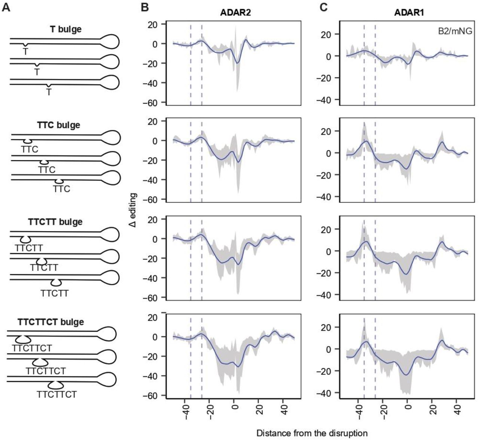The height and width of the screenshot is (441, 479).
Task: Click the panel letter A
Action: (6, 7)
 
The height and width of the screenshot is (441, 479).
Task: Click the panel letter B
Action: (145, 7)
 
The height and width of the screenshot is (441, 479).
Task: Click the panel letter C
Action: (323, 7)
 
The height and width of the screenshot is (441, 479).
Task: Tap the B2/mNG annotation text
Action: (455, 31)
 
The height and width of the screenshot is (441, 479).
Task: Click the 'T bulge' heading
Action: (65, 28)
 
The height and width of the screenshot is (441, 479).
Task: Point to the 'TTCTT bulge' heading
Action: (55, 222)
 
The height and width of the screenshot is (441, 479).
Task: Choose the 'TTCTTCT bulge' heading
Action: (51, 322)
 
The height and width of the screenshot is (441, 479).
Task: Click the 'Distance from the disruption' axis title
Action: (312, 433)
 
